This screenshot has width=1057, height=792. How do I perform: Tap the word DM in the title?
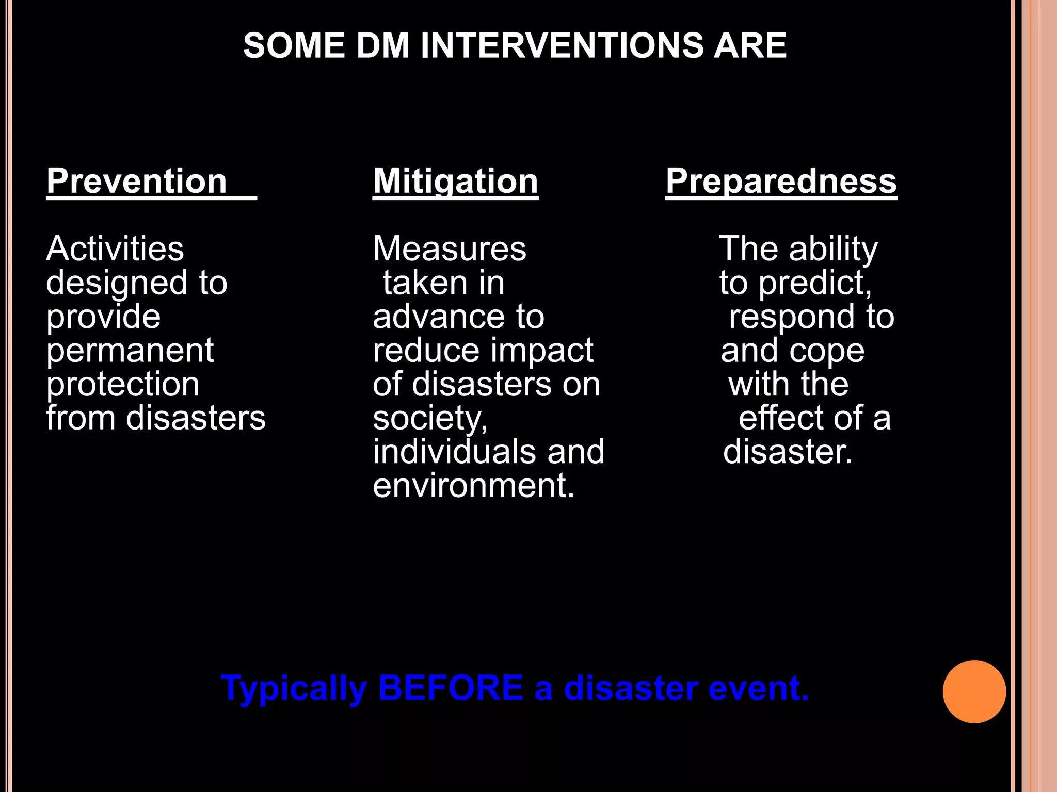383,45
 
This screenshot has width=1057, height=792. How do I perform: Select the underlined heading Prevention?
137,181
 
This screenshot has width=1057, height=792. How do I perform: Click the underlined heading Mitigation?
455,181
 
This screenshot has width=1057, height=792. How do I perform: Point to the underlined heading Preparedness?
781,181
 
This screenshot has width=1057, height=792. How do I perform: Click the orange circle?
974,691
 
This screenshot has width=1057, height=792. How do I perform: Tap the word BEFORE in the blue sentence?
451,688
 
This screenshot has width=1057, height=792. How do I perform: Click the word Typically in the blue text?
294,689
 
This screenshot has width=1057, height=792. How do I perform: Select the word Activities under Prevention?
115,249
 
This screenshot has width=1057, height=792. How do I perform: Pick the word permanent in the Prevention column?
130,351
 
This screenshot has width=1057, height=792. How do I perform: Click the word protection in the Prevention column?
123,385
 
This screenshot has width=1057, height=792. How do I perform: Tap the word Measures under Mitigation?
449,249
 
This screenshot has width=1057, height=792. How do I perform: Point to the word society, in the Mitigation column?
430,419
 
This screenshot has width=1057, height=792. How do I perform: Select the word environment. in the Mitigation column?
473,486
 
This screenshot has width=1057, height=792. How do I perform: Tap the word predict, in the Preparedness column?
815,284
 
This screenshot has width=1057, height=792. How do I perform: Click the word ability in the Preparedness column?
833,249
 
